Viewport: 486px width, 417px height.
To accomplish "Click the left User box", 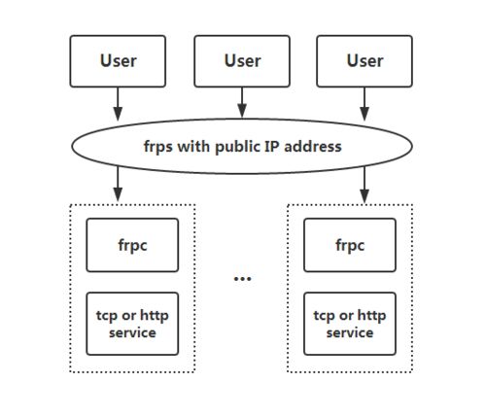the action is point(118,61).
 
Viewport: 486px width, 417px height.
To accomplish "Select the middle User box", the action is point(242,61).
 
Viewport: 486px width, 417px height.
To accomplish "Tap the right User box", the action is point(364,61).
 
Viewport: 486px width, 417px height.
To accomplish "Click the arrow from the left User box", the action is point(118,104).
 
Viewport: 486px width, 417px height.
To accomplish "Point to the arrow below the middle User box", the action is point(242,102).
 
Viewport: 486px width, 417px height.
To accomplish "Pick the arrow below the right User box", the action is point(364,104).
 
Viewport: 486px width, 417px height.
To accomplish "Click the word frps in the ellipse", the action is point(158,147).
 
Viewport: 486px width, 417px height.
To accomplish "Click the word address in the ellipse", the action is point(313,146).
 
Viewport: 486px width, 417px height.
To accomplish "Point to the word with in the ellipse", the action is point(193,146).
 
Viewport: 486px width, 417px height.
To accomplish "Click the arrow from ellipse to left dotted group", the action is point(118,184).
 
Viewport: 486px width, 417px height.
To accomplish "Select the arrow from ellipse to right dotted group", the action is point(364,185).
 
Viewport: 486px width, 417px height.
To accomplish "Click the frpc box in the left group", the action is point(132,245).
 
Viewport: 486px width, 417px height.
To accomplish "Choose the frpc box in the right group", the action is point(350,245).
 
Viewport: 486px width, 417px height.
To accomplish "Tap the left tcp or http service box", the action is point(132,324).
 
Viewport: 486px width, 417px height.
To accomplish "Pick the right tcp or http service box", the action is point(350,324).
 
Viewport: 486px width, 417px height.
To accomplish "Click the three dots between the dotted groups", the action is point(242,278).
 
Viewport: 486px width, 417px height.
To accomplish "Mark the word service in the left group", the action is point(132,332).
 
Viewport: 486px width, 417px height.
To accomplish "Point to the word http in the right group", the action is point(371,316).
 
